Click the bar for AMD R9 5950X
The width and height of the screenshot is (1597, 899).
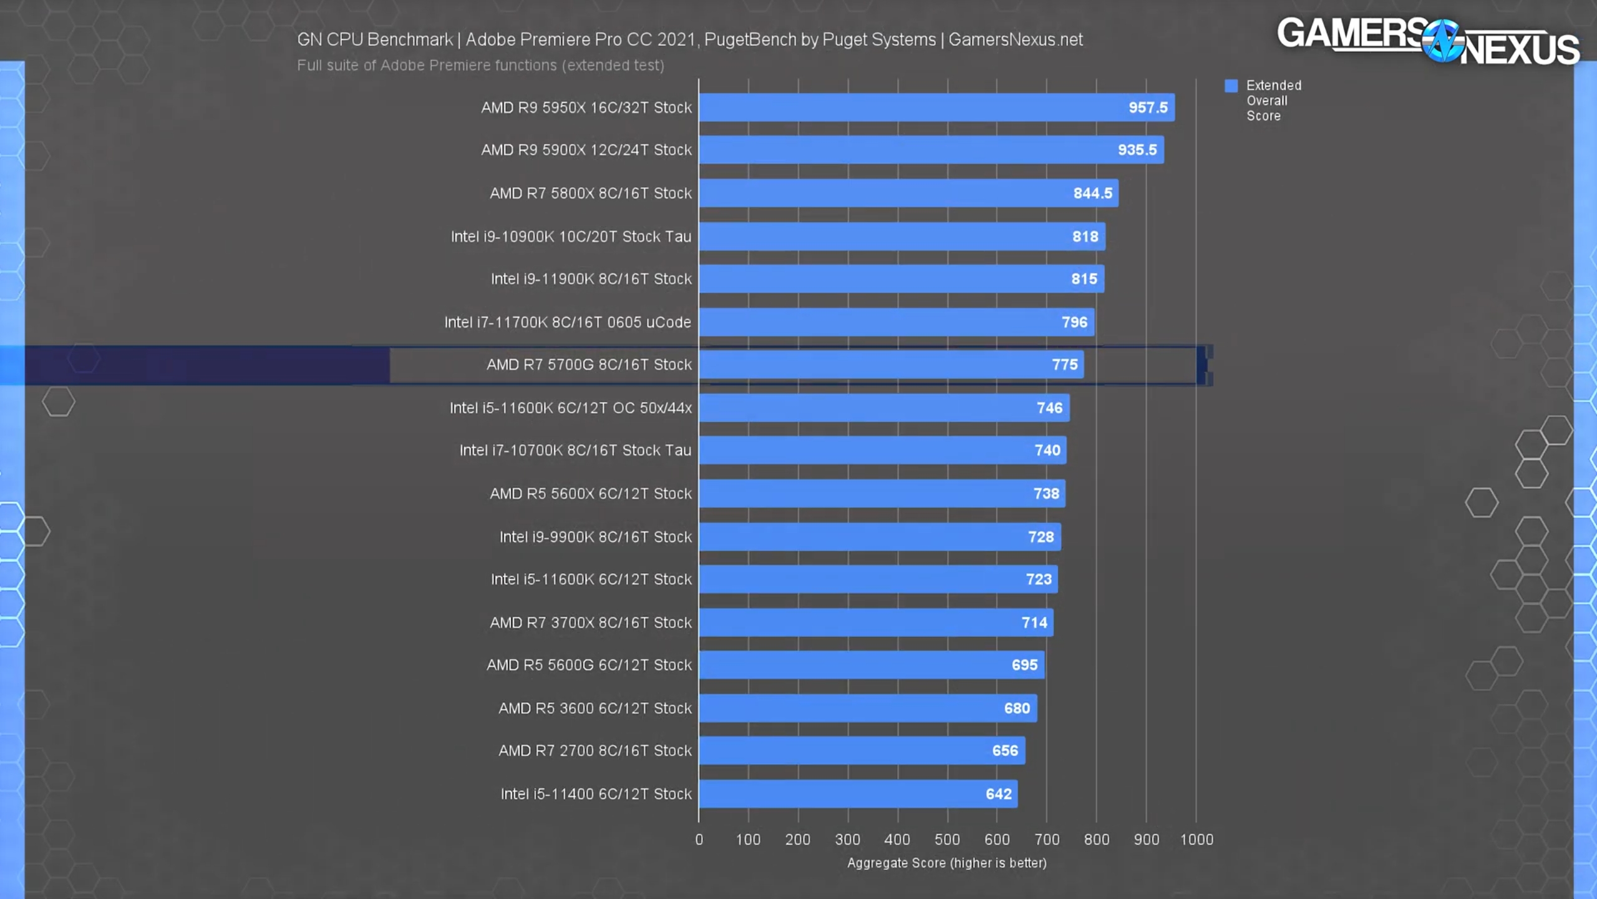(936, 107)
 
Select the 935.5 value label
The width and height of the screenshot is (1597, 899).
(1137, 150)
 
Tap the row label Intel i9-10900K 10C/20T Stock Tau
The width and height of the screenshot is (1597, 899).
(571, 237)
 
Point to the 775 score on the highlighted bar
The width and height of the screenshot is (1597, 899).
(1064, 365)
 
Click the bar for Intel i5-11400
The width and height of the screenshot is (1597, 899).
(858, 793)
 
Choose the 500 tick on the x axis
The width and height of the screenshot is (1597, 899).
(947, 840)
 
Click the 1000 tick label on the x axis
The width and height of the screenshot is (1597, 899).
(1197, 840)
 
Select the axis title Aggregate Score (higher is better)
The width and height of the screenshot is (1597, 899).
(946, 863)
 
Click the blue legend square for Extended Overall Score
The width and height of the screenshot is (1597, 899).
(1231, 86)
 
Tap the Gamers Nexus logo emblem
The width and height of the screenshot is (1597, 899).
(1442, 41)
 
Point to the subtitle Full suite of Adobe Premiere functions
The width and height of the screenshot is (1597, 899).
(480, 66)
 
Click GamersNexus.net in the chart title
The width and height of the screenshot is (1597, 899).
(1015, 40)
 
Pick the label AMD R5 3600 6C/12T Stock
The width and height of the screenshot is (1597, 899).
(595, 708)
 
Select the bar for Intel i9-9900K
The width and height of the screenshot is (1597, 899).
(880, 537)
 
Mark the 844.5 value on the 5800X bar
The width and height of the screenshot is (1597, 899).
(1092, 194)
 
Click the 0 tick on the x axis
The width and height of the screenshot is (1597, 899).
(699, 840)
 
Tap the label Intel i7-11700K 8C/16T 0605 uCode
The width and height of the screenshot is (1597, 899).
(567, 322)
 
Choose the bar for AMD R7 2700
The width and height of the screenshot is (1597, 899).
(861, 750)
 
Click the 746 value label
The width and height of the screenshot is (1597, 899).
(1049, 408)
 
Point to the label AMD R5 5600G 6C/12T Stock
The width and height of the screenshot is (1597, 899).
(589, 665)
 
